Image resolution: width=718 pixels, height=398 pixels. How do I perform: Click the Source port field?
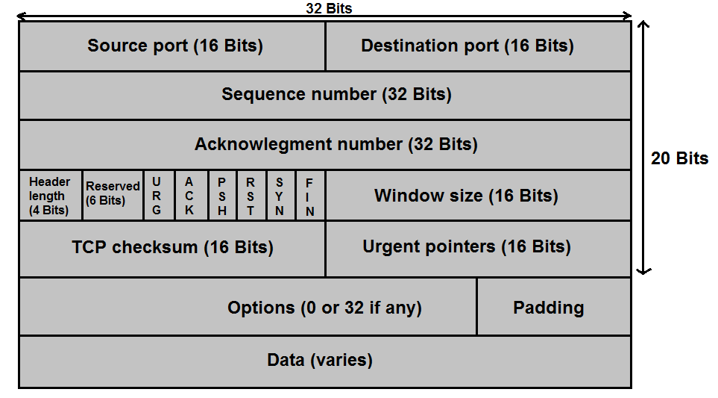pyautogui.click(x=172, y=46)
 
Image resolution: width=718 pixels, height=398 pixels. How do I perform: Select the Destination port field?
pyautogui.click(x=479, y=46)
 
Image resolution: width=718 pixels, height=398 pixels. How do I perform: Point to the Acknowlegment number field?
pyautogui.click(x=325, y=145)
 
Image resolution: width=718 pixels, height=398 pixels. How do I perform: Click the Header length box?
pyautogui.click(x=51, y=196)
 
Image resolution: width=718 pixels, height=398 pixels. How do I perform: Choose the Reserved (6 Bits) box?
pyautogui.click(x=113, y=196)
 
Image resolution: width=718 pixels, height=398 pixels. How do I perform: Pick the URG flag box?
pyautogui.click(x=159, y=196)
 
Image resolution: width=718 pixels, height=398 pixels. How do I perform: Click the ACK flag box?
pyautogui.click(x=192, y=196)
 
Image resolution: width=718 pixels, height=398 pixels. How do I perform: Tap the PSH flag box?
pyautogui.click(x=222, y=196)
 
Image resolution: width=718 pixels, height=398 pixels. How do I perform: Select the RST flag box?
pyautogui.click(x=251, y=196)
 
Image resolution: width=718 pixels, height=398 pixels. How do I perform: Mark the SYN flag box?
pyautogui.click(x=281, y=196)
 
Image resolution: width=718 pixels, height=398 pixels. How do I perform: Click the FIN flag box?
pyautogui.click(x=311, y=196)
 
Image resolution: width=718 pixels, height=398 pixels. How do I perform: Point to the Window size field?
pyautogui.click(x=479, y=196)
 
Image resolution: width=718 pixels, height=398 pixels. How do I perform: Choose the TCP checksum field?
pyautogui.click(x=172, y=249)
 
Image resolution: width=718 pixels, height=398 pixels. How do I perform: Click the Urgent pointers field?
pyautogui.click(x=479, y=249)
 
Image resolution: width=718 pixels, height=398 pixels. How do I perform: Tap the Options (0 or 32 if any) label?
pyautogui.click(x=324, y=308)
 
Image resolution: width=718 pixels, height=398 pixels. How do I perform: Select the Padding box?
pyautogui.click(x=554, y=307)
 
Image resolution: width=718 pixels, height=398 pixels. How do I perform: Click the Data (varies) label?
pyautogui.click(x=320, y=360)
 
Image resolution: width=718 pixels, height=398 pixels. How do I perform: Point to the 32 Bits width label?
pyautogui.click(x=329, y=7)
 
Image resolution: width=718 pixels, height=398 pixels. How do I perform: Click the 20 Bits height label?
pyautogui.click(x=679, y=158)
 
